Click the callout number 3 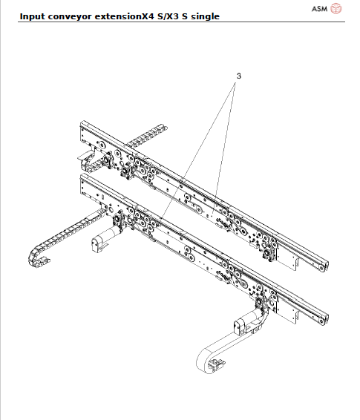tap(239, 76)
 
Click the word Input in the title tap(33, 16)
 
